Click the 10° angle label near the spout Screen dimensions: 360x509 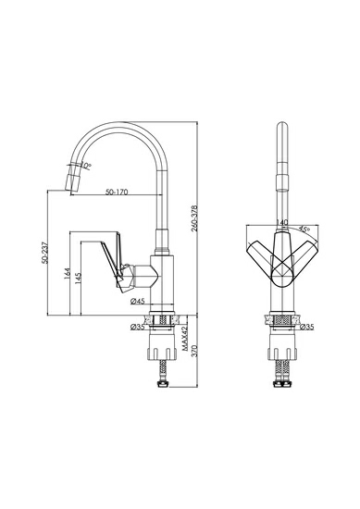click(x=86, y=166)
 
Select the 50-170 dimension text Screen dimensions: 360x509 click(x=117, y=192)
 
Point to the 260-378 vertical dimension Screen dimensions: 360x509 click(x=194, y=218)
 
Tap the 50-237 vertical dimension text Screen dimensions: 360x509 click(x=44, y=253)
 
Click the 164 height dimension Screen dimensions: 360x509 click(x=68, y=274)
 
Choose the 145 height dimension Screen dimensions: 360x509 click(x=78, y=279)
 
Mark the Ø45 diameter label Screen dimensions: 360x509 click(x=137, y=302)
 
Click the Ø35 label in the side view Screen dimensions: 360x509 click(x=137, y=327)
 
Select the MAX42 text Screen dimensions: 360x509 click(x=185, y=339)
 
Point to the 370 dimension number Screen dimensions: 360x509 click(x=194, y=352)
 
